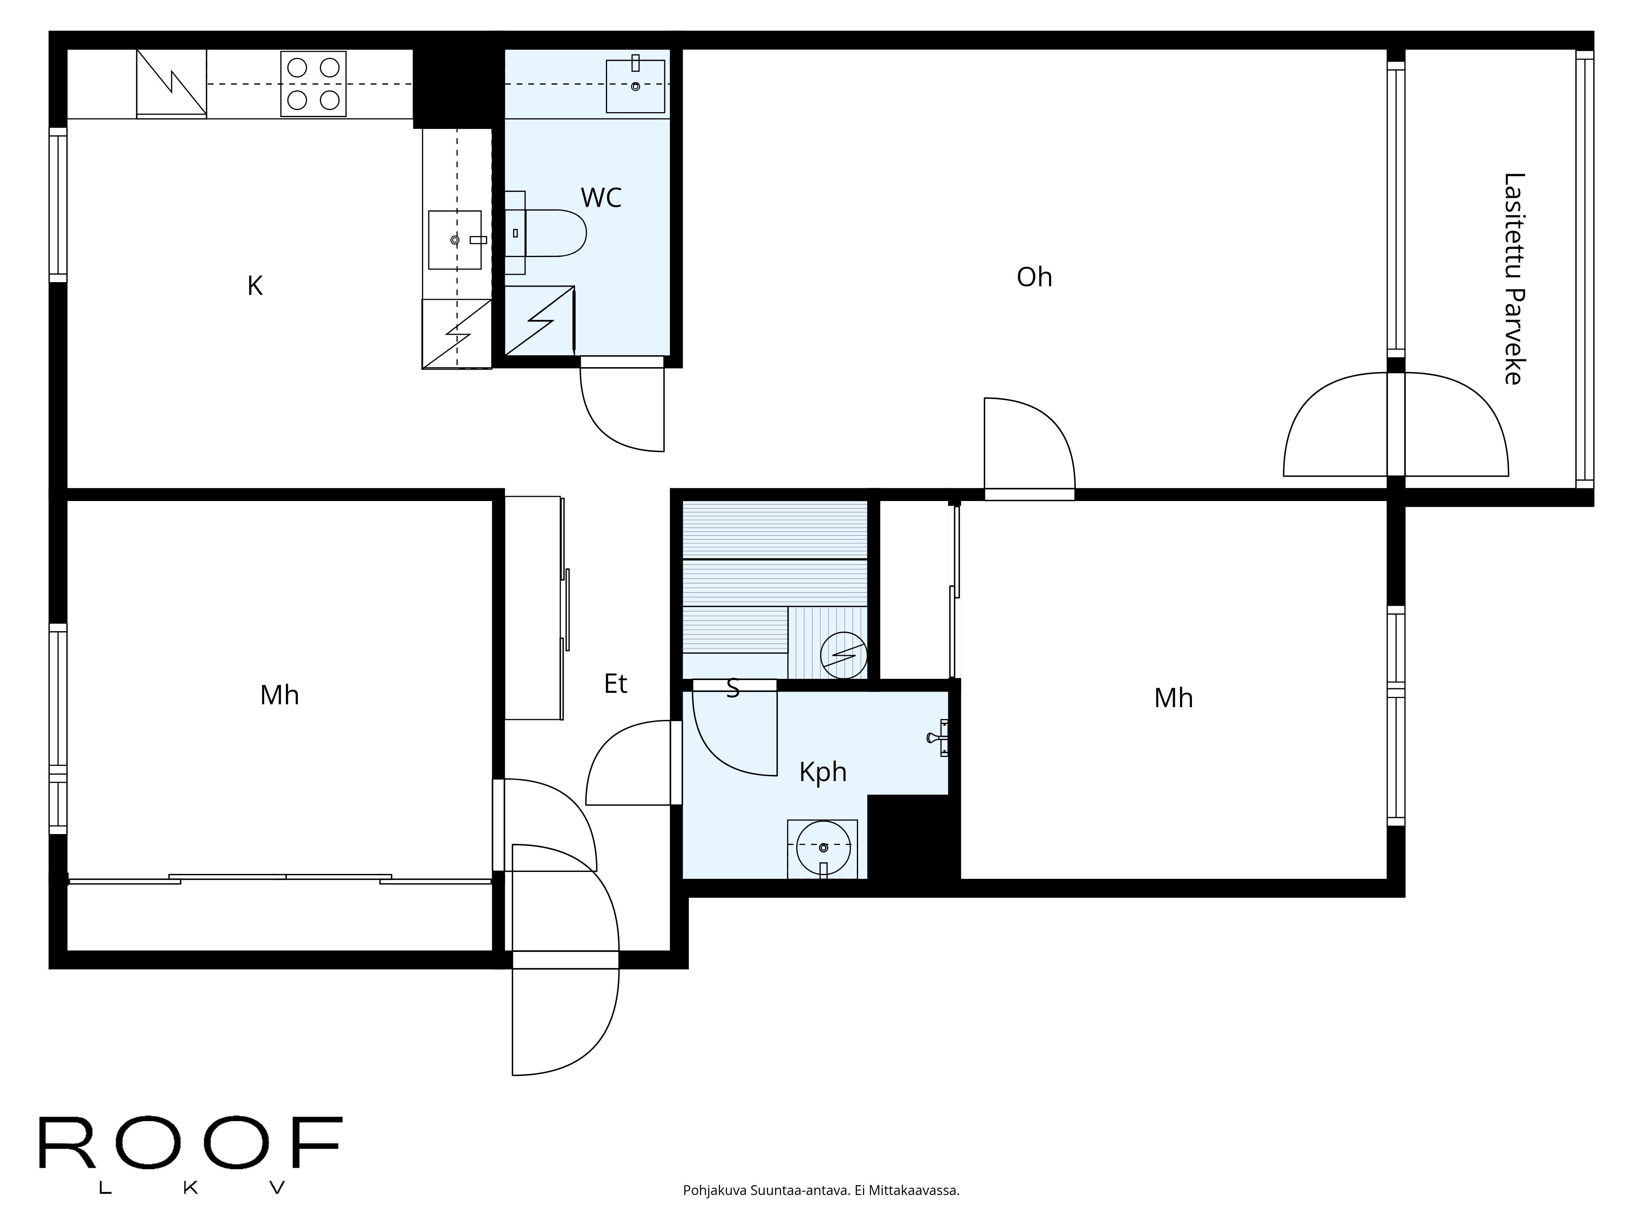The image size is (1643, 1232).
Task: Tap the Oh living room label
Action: [1034, 277]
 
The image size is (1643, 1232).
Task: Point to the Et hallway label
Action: [615, 683]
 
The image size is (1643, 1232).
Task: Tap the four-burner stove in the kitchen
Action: [313, 84]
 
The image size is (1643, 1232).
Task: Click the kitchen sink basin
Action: [455, 240]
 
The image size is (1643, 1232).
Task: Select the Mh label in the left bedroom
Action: [279, 695]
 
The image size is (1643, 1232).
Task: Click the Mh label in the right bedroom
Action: [1173, 698]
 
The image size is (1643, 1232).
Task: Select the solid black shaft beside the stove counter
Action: [455, 87]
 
